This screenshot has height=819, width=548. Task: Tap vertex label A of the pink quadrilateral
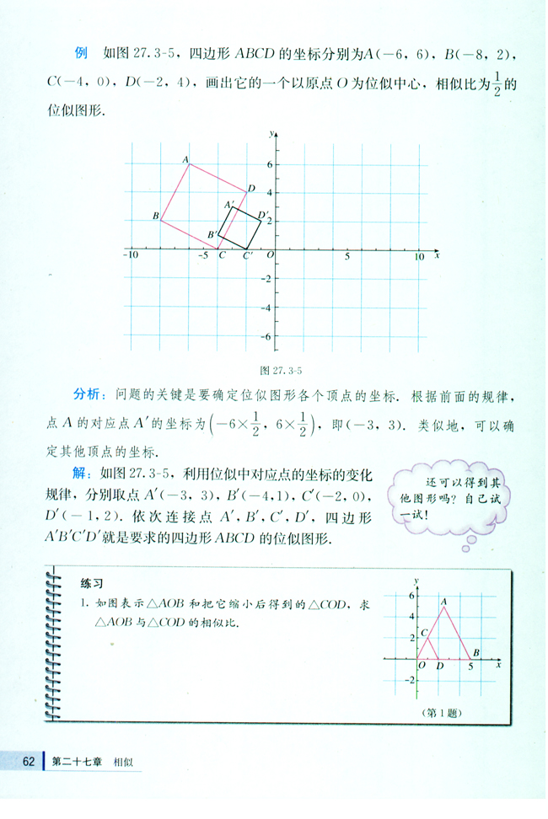[185, 158]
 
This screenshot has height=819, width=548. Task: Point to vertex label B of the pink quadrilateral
[156, 217]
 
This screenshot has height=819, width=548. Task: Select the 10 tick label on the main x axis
[420, 256]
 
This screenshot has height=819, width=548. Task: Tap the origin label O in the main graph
[270, 254]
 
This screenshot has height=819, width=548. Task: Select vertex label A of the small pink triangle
[444, 600]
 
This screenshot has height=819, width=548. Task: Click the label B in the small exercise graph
[476, 652]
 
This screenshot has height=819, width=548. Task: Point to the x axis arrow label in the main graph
[437, 254]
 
